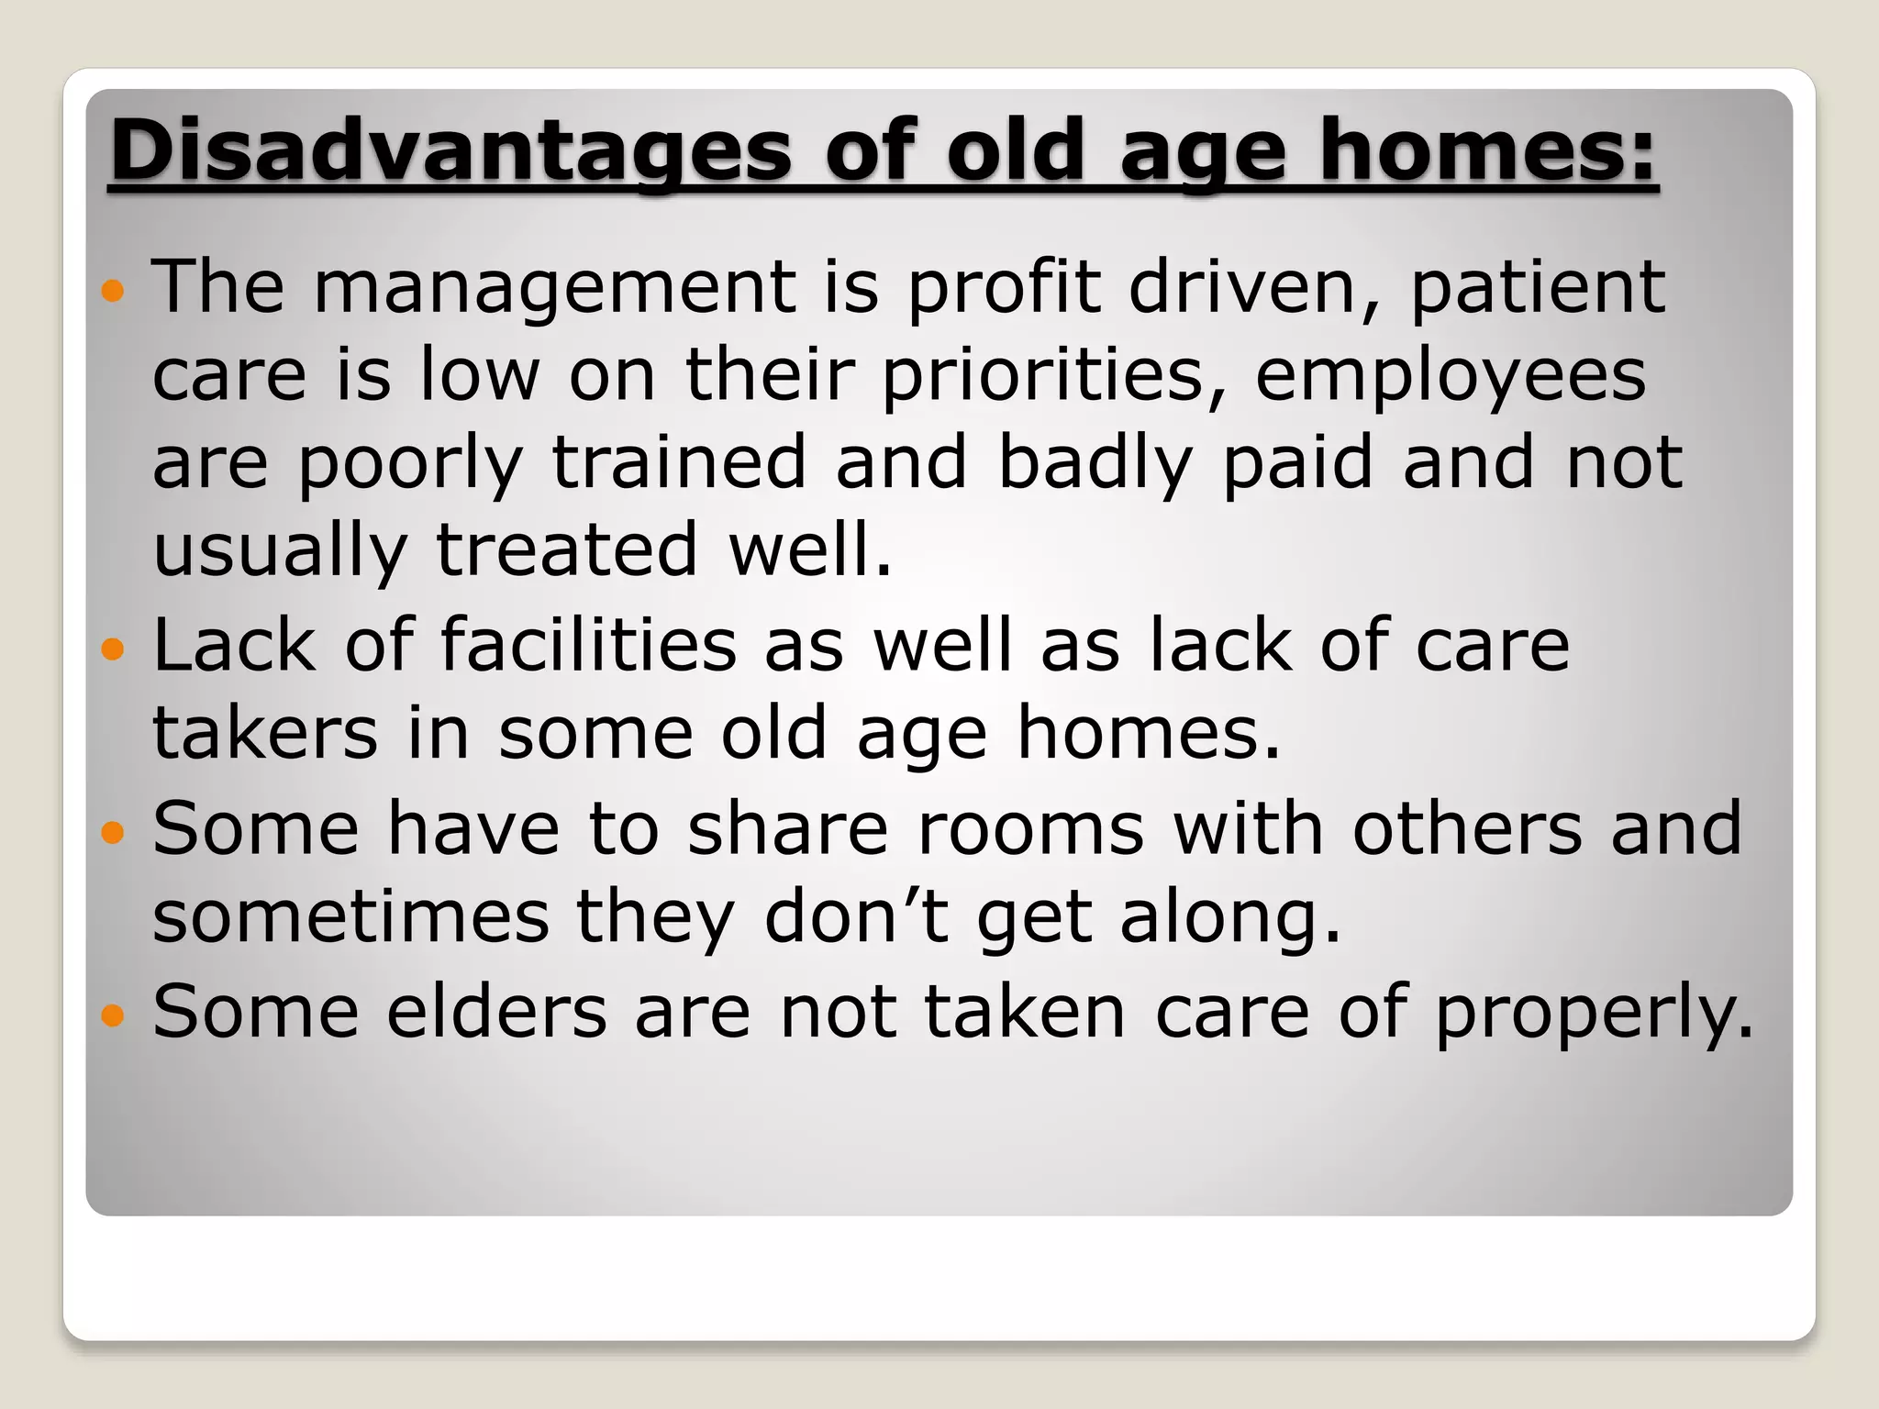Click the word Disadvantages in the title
coord(450,150)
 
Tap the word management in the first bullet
coord(555,288)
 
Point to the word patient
coord(1537,288)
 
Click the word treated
coord(566,550)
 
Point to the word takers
coord(265,733)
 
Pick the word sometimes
coord(350,916)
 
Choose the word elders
coord(496,1011)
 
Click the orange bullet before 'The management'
coord(113,292)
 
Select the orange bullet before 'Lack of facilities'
coord(113,650)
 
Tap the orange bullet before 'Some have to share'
coord(113,833)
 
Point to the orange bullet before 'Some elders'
coord(113,1015)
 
